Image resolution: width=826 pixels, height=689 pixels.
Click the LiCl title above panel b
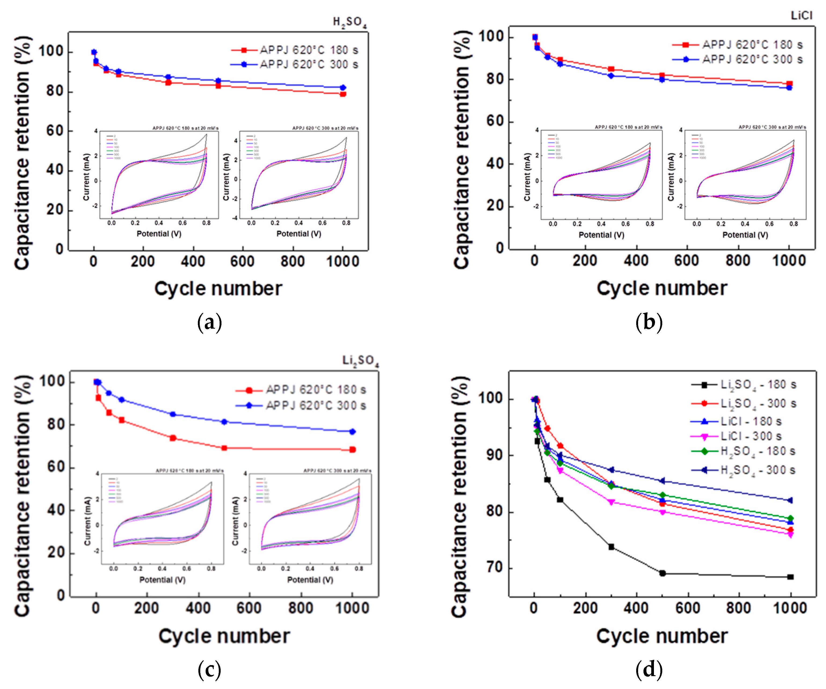point(801,16)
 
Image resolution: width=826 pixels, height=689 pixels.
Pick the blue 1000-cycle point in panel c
point(352,432)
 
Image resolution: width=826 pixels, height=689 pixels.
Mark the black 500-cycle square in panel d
point(662,573)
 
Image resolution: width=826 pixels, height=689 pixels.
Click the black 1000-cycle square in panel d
point(791,577)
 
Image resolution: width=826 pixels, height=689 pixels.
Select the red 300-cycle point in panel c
point(173,438)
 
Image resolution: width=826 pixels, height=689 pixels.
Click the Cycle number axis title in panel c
point(224,636)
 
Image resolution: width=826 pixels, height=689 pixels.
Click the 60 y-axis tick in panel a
point(55,131)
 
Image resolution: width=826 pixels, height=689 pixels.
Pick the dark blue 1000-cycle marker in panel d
point(790,501)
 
